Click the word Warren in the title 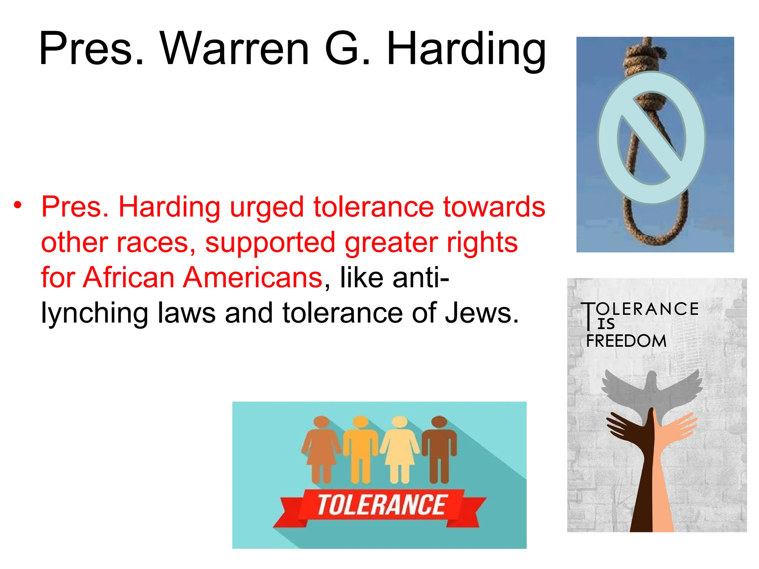pyautogui.click(x=234, y=49)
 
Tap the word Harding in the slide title pyautogui.click(x=466, y=50)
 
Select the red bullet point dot pyautogui.click(x=17, y=205)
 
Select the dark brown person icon pyautogui.click(x=440, y=448)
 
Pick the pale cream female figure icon pyautogui.click(x=400, y=448)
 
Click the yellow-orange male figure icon pyautogui.click(x=361, y=448)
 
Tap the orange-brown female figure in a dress pyautogui.click(x=321, y=448)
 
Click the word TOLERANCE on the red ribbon pyautogui.click(x=382, y=505)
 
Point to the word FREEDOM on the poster pyautogui.click(x=626, y=341)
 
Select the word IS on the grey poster pyautogui.click(x=606, y=324)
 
